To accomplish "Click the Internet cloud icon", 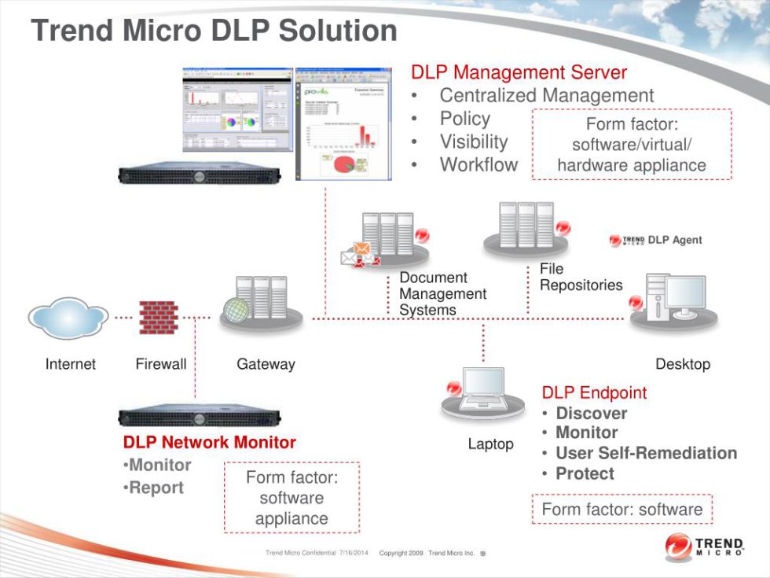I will click(x=68, y=318).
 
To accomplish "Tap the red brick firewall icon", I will click(x=159, y=317).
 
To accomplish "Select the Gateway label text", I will click(x=266, y=364).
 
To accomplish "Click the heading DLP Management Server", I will click(x=519, y=72).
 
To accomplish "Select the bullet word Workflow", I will click(x=478, y=165).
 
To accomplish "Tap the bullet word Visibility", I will click(x=474, y=142).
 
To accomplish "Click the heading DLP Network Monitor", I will click(x=210, y=443).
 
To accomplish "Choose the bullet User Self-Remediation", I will click(x=646, y=453).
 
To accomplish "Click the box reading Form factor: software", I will click(x=621, y=510).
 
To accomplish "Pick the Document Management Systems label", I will click(x=442, y=294).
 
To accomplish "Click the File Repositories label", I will click(x=581, y=278).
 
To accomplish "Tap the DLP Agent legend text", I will click(x=674, y=240).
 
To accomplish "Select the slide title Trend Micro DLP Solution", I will click(x=214, y=31).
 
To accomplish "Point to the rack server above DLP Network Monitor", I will click(x=199, y=418).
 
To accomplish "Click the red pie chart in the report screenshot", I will click(x=345, y=165).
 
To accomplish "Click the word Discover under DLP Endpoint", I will click(x=591, y=414).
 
